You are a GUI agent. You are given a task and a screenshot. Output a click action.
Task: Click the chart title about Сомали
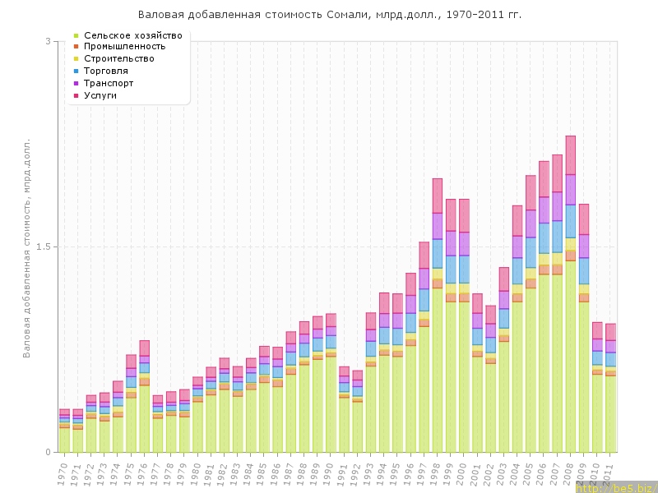tap(329, 15)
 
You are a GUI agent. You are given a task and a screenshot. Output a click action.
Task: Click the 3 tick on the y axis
tap(48, 41)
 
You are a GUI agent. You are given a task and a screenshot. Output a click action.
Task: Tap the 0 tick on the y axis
tap(48, 452)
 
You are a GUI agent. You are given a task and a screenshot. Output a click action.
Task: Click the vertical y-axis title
tap(27, 246)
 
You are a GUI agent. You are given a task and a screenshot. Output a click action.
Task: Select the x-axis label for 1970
tap(64, 472)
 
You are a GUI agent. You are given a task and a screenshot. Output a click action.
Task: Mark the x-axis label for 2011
tap(610, 472)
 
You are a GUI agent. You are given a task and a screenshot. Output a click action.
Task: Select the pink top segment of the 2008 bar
tap(570, 154)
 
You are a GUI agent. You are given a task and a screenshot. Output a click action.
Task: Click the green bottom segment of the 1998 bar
tap(437, 370)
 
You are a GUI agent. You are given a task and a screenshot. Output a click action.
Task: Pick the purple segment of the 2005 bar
tap(531, 223)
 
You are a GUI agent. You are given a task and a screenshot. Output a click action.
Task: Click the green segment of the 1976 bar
tap(144, 418)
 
